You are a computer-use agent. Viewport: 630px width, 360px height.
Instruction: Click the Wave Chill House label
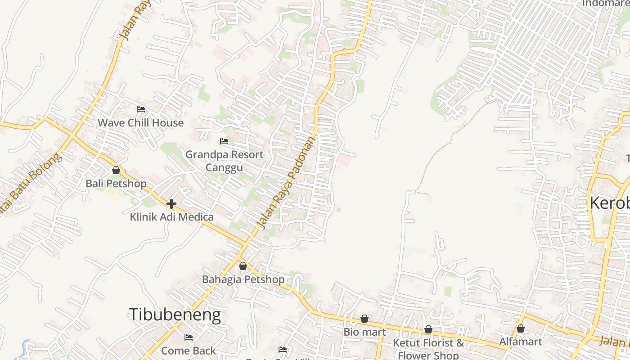tap(141, 123)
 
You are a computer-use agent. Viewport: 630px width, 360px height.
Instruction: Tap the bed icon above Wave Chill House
tap(141, 109)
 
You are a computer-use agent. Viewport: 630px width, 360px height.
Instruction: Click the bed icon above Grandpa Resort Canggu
tap(224, 141)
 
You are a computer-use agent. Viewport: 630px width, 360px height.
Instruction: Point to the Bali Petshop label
tap(116, 184)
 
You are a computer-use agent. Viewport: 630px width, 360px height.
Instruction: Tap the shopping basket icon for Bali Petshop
tap(116, 170)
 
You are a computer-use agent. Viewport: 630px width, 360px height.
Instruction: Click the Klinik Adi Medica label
tap(171, 217)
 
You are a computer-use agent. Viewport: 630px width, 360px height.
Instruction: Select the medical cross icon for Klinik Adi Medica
tap(171, 204)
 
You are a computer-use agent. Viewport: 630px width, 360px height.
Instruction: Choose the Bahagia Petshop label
tap(243, 279)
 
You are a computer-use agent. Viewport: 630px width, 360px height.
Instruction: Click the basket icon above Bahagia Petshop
tap(243, 266)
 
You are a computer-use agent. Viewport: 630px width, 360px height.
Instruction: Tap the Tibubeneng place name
tap(175, 315)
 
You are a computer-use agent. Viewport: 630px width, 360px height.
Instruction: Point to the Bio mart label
tap(364, 332)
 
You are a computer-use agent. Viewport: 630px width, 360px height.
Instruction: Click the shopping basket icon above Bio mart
tap(364, 319)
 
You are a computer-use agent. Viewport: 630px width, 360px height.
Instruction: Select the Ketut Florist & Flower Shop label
tap(428, 349)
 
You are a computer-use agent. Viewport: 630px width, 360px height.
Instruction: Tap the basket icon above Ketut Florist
tap(428, 329)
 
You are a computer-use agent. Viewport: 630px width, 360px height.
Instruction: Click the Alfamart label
tap(521, 342)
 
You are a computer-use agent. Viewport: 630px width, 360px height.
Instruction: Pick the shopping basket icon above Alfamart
tap(521, 328)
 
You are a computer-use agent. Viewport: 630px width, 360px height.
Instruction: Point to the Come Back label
tap(189, 350)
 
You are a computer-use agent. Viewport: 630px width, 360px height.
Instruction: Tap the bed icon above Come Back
tap(189, 337)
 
